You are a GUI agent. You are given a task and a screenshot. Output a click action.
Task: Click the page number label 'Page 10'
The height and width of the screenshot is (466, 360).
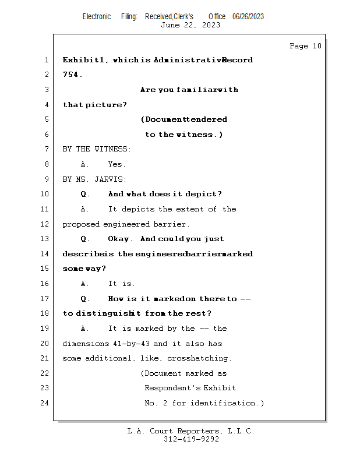[x=305, y=46]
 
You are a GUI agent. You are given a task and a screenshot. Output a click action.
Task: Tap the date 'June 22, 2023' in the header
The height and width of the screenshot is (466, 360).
[x=190, y=25]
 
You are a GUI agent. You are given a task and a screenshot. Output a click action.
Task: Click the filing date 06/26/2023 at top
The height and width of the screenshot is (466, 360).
[x=248, y=16]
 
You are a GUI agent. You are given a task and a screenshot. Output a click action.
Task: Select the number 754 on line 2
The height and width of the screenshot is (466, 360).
[x=72, y=75]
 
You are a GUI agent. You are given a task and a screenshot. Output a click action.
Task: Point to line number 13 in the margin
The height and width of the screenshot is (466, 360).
[x=45, y=239]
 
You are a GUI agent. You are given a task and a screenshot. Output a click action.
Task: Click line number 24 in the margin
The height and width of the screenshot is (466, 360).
[x=45, y=403]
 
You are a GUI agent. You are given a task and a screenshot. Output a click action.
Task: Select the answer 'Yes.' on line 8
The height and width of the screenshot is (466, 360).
[x=117, y=164]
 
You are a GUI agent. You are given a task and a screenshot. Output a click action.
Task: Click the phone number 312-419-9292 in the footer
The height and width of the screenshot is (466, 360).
[x=191, y=440]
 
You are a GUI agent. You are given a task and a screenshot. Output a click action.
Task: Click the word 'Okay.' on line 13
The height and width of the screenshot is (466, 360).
[x=121, y=239]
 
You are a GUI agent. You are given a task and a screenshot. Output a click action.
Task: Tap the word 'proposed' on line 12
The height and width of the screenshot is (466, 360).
[x=81, y=224]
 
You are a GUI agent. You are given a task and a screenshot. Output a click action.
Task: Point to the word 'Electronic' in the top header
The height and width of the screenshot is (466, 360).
[x=97, y=16]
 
